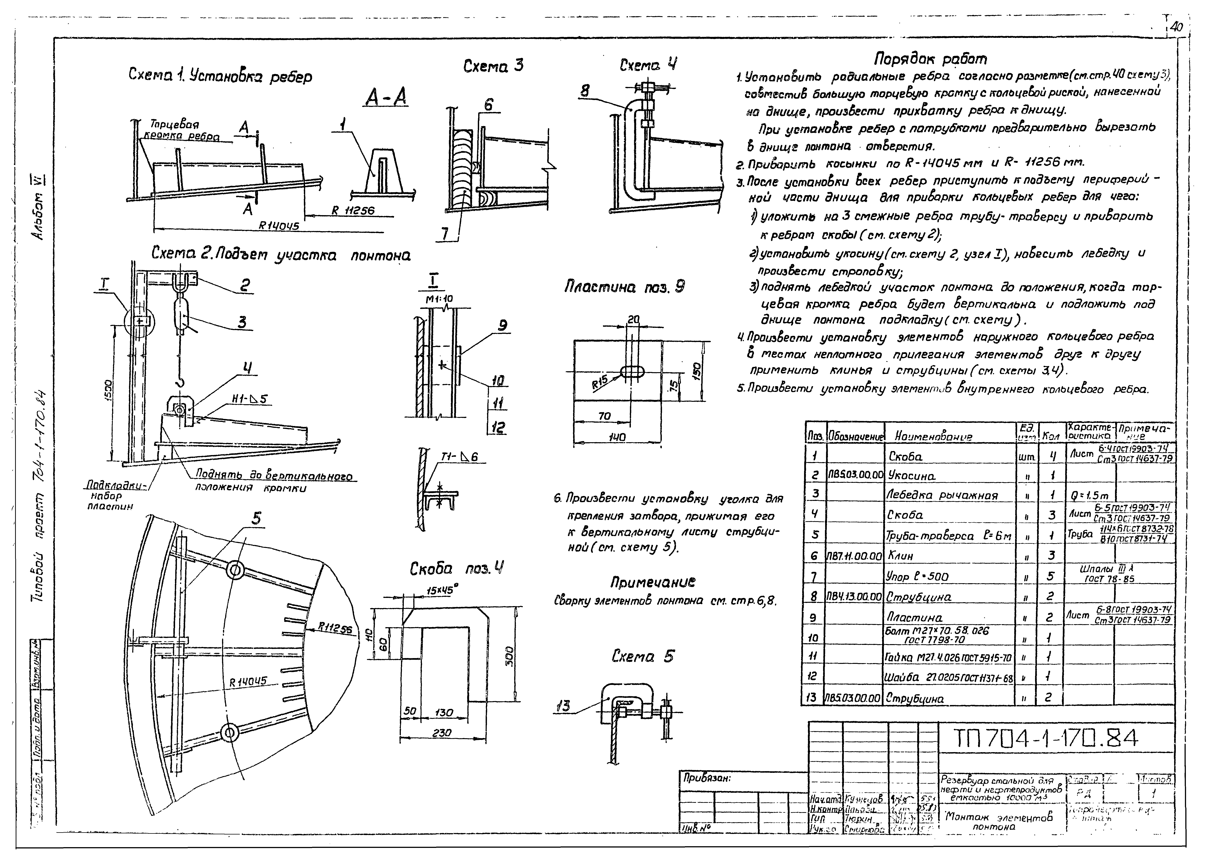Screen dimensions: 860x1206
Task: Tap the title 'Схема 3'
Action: (493, 66)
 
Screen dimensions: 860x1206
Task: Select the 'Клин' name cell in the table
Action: (901, 556)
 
